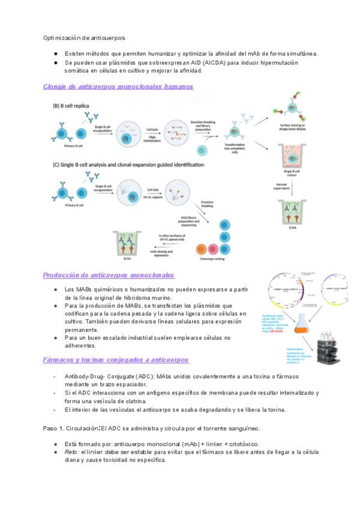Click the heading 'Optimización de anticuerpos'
pos(83,38)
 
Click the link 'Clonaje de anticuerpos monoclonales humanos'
pos(118,86)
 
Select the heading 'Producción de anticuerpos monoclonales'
pos(109,275)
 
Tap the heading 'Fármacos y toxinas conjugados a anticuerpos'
pos(116,360)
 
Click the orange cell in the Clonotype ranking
pos(200,248)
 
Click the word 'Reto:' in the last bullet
pos(72,452)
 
